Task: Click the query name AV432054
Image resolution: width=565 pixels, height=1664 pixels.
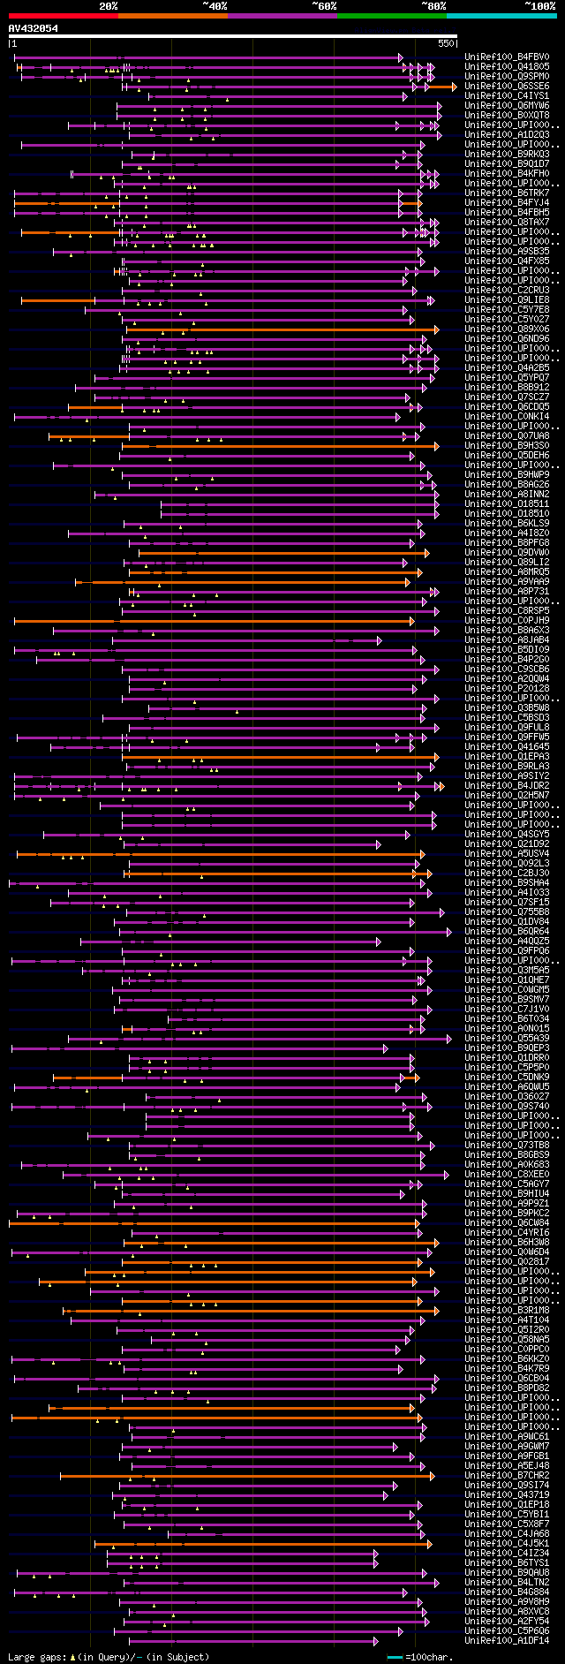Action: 34,28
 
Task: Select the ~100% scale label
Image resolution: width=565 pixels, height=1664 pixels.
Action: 539,6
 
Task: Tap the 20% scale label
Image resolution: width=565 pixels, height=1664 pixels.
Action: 109,6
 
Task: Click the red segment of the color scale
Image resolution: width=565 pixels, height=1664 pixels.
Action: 63,16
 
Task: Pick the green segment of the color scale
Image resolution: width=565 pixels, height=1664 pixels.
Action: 391,16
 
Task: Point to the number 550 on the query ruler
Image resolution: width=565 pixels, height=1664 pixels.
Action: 445,42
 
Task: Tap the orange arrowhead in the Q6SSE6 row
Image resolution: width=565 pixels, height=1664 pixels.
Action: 454,87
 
